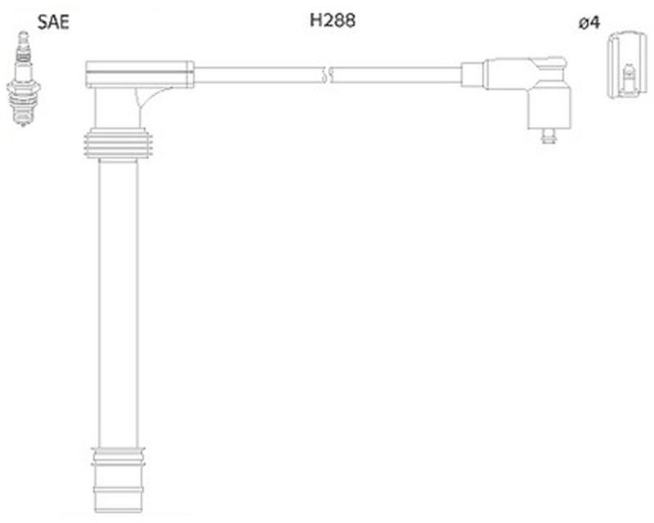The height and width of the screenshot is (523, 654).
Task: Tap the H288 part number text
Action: coord(332,22)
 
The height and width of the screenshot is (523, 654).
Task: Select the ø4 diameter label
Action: coord(589,23)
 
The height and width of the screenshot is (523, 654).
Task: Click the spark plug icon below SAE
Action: coord(24,82)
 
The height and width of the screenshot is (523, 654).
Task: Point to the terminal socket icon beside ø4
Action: coord(626,65)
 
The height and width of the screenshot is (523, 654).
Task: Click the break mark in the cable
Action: coord(329,75)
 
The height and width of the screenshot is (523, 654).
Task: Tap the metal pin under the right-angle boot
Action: coord(545,136)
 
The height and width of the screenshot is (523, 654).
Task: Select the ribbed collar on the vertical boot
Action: coord(118,145)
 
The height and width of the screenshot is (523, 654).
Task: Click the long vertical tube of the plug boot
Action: coord(118,302)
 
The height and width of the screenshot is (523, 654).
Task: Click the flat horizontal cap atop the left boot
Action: coord(139,74)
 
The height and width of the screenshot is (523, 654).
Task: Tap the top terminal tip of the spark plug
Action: coord(24,36)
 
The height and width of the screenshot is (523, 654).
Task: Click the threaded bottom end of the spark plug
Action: coord(24,120)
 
